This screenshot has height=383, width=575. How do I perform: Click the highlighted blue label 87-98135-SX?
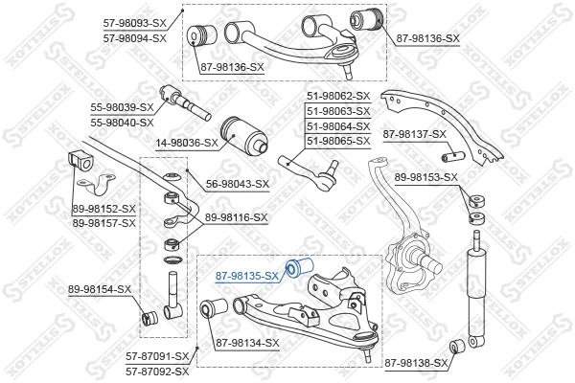(246, 275)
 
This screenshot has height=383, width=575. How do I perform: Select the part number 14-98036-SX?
(185, 142)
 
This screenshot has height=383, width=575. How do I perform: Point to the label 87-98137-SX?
(415, 133)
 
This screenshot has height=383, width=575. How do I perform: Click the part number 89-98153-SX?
(426, 177)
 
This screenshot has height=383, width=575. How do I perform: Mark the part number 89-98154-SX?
(102, 289)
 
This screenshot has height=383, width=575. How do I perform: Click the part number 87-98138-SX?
(414, 363)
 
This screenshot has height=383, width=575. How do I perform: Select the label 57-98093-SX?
(135, 23)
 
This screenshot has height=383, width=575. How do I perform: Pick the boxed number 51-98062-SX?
(337, 96)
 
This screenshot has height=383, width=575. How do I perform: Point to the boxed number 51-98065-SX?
(337, 141)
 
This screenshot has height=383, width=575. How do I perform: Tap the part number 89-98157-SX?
(104, 222)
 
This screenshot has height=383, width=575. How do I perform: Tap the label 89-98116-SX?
(236, 218)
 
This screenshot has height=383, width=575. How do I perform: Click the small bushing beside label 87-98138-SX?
(459, 346)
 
